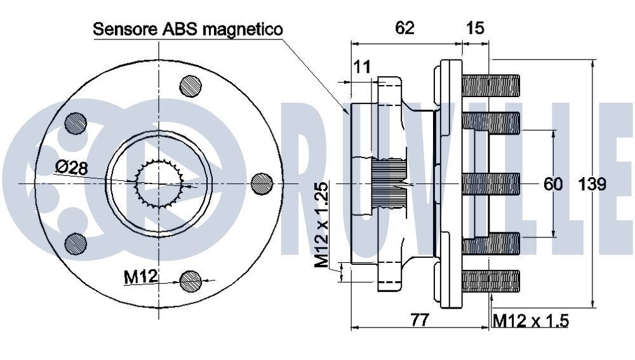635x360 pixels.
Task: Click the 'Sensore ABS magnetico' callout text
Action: pos(188,29)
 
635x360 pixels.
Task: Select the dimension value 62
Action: pos(404,27)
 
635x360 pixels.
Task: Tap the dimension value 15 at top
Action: pos(475,27)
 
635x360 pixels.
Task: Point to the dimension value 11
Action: pos(362,65)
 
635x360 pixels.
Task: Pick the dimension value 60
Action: pos(553,184)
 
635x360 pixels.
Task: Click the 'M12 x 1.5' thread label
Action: pos(530,321)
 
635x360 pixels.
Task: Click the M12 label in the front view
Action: pos(140,277)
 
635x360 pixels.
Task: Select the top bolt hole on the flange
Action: pos(190,86)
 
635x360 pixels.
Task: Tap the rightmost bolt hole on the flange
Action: pos(262,183)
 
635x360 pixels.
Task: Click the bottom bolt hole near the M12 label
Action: pos(190,280)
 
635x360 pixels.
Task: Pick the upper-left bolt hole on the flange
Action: pos(76,123)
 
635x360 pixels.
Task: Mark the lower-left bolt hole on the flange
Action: pos(76,243)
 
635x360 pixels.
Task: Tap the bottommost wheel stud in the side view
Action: pos(491,281)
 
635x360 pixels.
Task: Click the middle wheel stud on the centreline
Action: pos(491,183)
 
